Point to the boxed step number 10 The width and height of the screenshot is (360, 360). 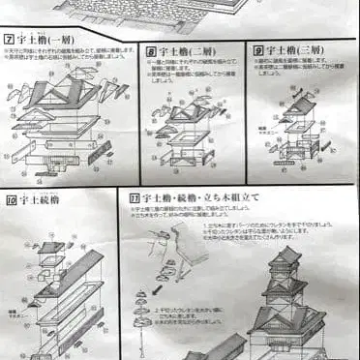click(x=11, y=200)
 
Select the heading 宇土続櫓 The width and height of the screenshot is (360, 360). click(x=40, y=200)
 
